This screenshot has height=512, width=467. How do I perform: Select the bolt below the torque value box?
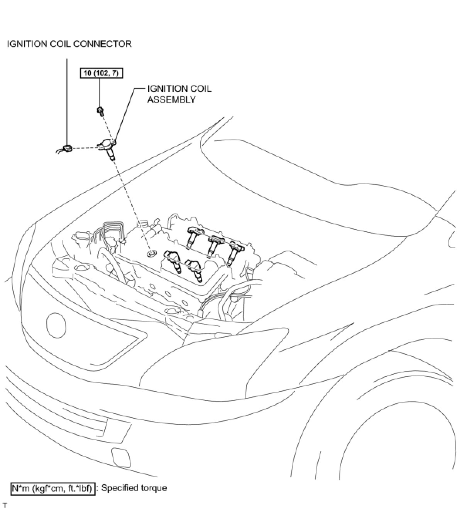[x=100, y=111]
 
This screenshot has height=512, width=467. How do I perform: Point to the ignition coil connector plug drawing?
[x=67, y=148]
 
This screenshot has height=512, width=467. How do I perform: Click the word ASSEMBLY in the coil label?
[x=171, y=99]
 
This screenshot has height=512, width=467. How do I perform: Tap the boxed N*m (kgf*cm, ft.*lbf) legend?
[x=52, y=488]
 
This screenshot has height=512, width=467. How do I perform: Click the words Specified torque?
[x=134, y=488]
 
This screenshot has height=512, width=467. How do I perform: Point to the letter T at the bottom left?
[x=5, y=505]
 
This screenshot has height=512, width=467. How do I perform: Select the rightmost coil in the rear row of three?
[x=233, y=251]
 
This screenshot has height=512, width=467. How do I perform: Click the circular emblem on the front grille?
[x=56, y=325]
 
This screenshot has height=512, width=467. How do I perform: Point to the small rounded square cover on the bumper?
[x=121, y=458]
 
